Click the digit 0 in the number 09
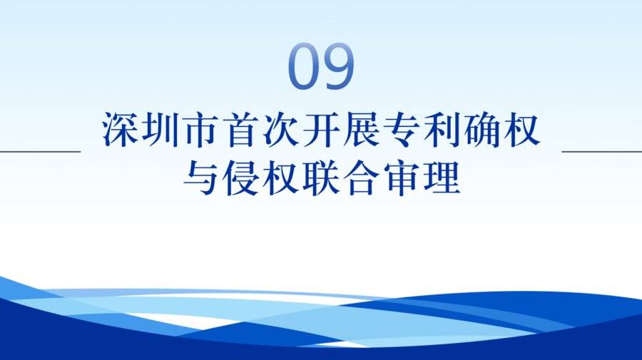tap(304, 66)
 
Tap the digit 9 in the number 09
tap(338, 66)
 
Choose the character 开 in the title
tap(321, 129)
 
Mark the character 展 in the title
tap(361, 129)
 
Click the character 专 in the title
tap(401, 129)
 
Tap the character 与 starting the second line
tap(200, 178)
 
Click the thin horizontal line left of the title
tap(40, 151)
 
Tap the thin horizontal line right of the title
tap(602, 151)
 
